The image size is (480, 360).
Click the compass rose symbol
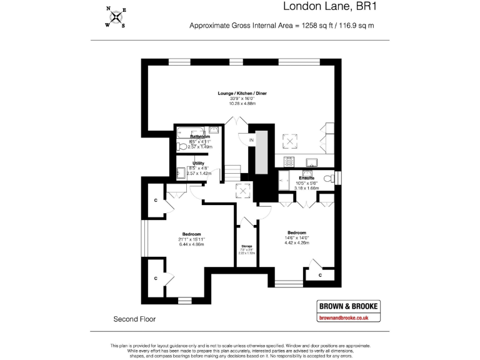tap(115, 17)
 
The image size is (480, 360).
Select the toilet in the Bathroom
tap(182, 146)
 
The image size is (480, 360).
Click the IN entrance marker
tap(251, 141)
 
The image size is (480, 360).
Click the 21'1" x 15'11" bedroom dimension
tap(192, 239)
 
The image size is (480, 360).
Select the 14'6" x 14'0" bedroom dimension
tap(297, 237)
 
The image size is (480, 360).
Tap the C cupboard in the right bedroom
tap(320, 274)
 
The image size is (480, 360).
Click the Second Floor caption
tap(134, 319)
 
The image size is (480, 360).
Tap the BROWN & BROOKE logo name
tap(349, 306)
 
